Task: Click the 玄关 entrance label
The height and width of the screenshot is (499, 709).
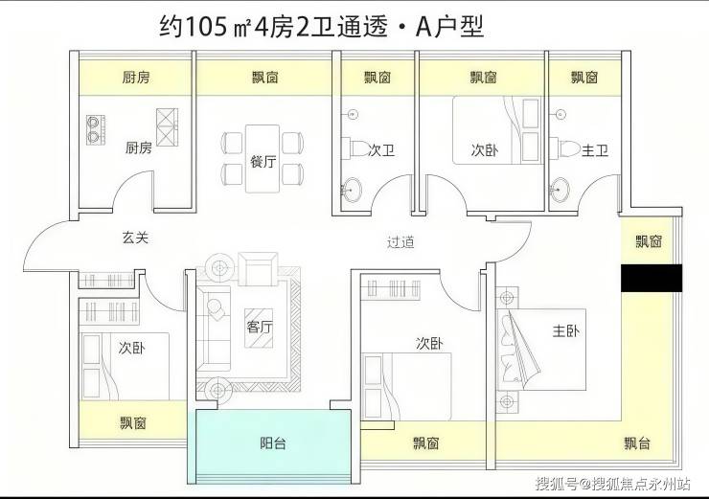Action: [135, 238]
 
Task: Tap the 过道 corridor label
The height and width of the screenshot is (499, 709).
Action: [400, 242]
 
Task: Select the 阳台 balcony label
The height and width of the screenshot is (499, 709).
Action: [273, 443]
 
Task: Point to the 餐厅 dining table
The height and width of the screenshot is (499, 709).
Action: [263, 159]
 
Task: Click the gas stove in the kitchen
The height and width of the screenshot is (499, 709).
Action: [96, 129]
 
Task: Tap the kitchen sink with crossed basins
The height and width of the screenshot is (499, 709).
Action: [167, 127]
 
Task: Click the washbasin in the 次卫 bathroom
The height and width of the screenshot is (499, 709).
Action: [352, 189]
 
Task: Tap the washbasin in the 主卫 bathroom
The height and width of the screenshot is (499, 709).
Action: [560, 189]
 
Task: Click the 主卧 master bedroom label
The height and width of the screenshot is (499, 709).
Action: [565, 331]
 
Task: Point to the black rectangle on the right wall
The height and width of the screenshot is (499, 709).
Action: [652, 278]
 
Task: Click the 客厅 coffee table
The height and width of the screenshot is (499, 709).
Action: [259, 329]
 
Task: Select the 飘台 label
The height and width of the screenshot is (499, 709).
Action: [637, 443]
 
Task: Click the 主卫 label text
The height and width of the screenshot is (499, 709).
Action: [595, 150]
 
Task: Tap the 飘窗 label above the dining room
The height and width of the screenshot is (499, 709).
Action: [265, 78]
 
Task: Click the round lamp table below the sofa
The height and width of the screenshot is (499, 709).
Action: [218, 390]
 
